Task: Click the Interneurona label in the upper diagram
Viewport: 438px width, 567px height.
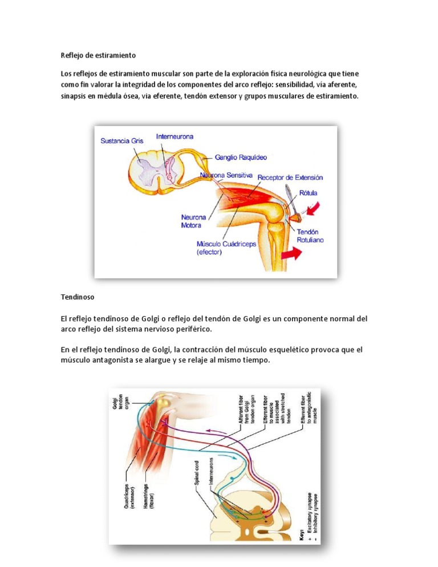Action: point(175,137)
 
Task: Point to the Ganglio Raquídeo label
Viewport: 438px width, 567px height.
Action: point(241,156)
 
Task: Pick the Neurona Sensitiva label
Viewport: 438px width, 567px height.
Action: point(226,175)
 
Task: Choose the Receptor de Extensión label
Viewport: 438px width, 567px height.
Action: point(290,177)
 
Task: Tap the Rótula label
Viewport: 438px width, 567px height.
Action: point(307,193)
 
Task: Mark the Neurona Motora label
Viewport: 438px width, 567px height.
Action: point(194,221)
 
